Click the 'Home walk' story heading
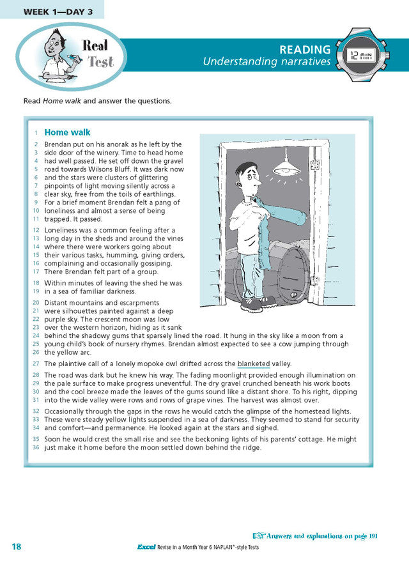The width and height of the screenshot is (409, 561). tap(67, 133)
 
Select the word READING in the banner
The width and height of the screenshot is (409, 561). tap(305, 50)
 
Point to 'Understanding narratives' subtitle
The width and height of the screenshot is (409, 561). tap(266, 62)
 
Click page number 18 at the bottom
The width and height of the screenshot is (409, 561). tap(17, 546)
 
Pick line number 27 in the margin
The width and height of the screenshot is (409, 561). tap(36, 364)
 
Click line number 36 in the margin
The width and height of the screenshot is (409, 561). tap(36, 447)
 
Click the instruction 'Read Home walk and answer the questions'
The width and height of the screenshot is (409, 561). tap(97, 101)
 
